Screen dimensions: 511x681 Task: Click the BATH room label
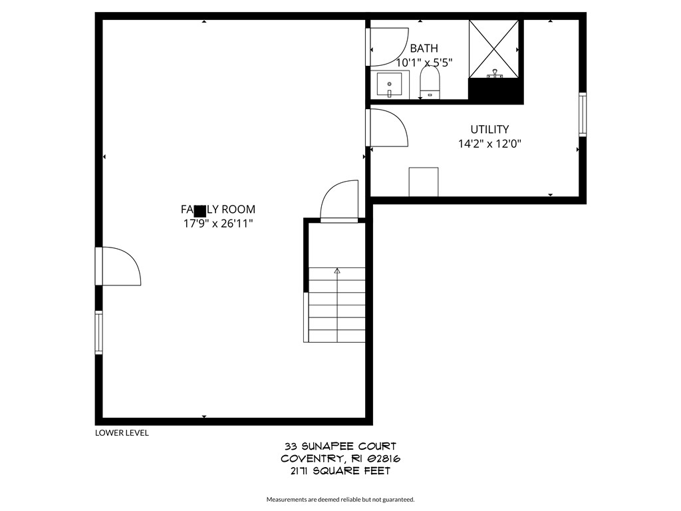[424, 48]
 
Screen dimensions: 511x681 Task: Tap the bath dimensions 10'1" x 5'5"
[424, 63]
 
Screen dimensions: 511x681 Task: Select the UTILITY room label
[489, 129]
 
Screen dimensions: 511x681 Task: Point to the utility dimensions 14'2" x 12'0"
[489, 143]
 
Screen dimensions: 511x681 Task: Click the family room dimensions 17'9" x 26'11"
[218, 224]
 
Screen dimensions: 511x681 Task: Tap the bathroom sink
[389, 85]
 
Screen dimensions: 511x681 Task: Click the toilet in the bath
[430, 85]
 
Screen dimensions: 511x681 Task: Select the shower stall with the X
[494, 49]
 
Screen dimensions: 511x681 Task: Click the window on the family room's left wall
[98, 332]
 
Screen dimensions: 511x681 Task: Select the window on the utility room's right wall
[583, 114]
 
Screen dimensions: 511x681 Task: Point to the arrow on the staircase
[337, 271]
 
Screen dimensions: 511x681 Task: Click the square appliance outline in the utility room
[424, 182]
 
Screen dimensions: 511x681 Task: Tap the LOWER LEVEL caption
[122, 432]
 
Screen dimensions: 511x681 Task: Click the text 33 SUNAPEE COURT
[340, 446]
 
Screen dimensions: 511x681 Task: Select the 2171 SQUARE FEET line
[340, 471]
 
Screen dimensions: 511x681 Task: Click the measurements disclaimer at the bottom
[340, 499]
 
